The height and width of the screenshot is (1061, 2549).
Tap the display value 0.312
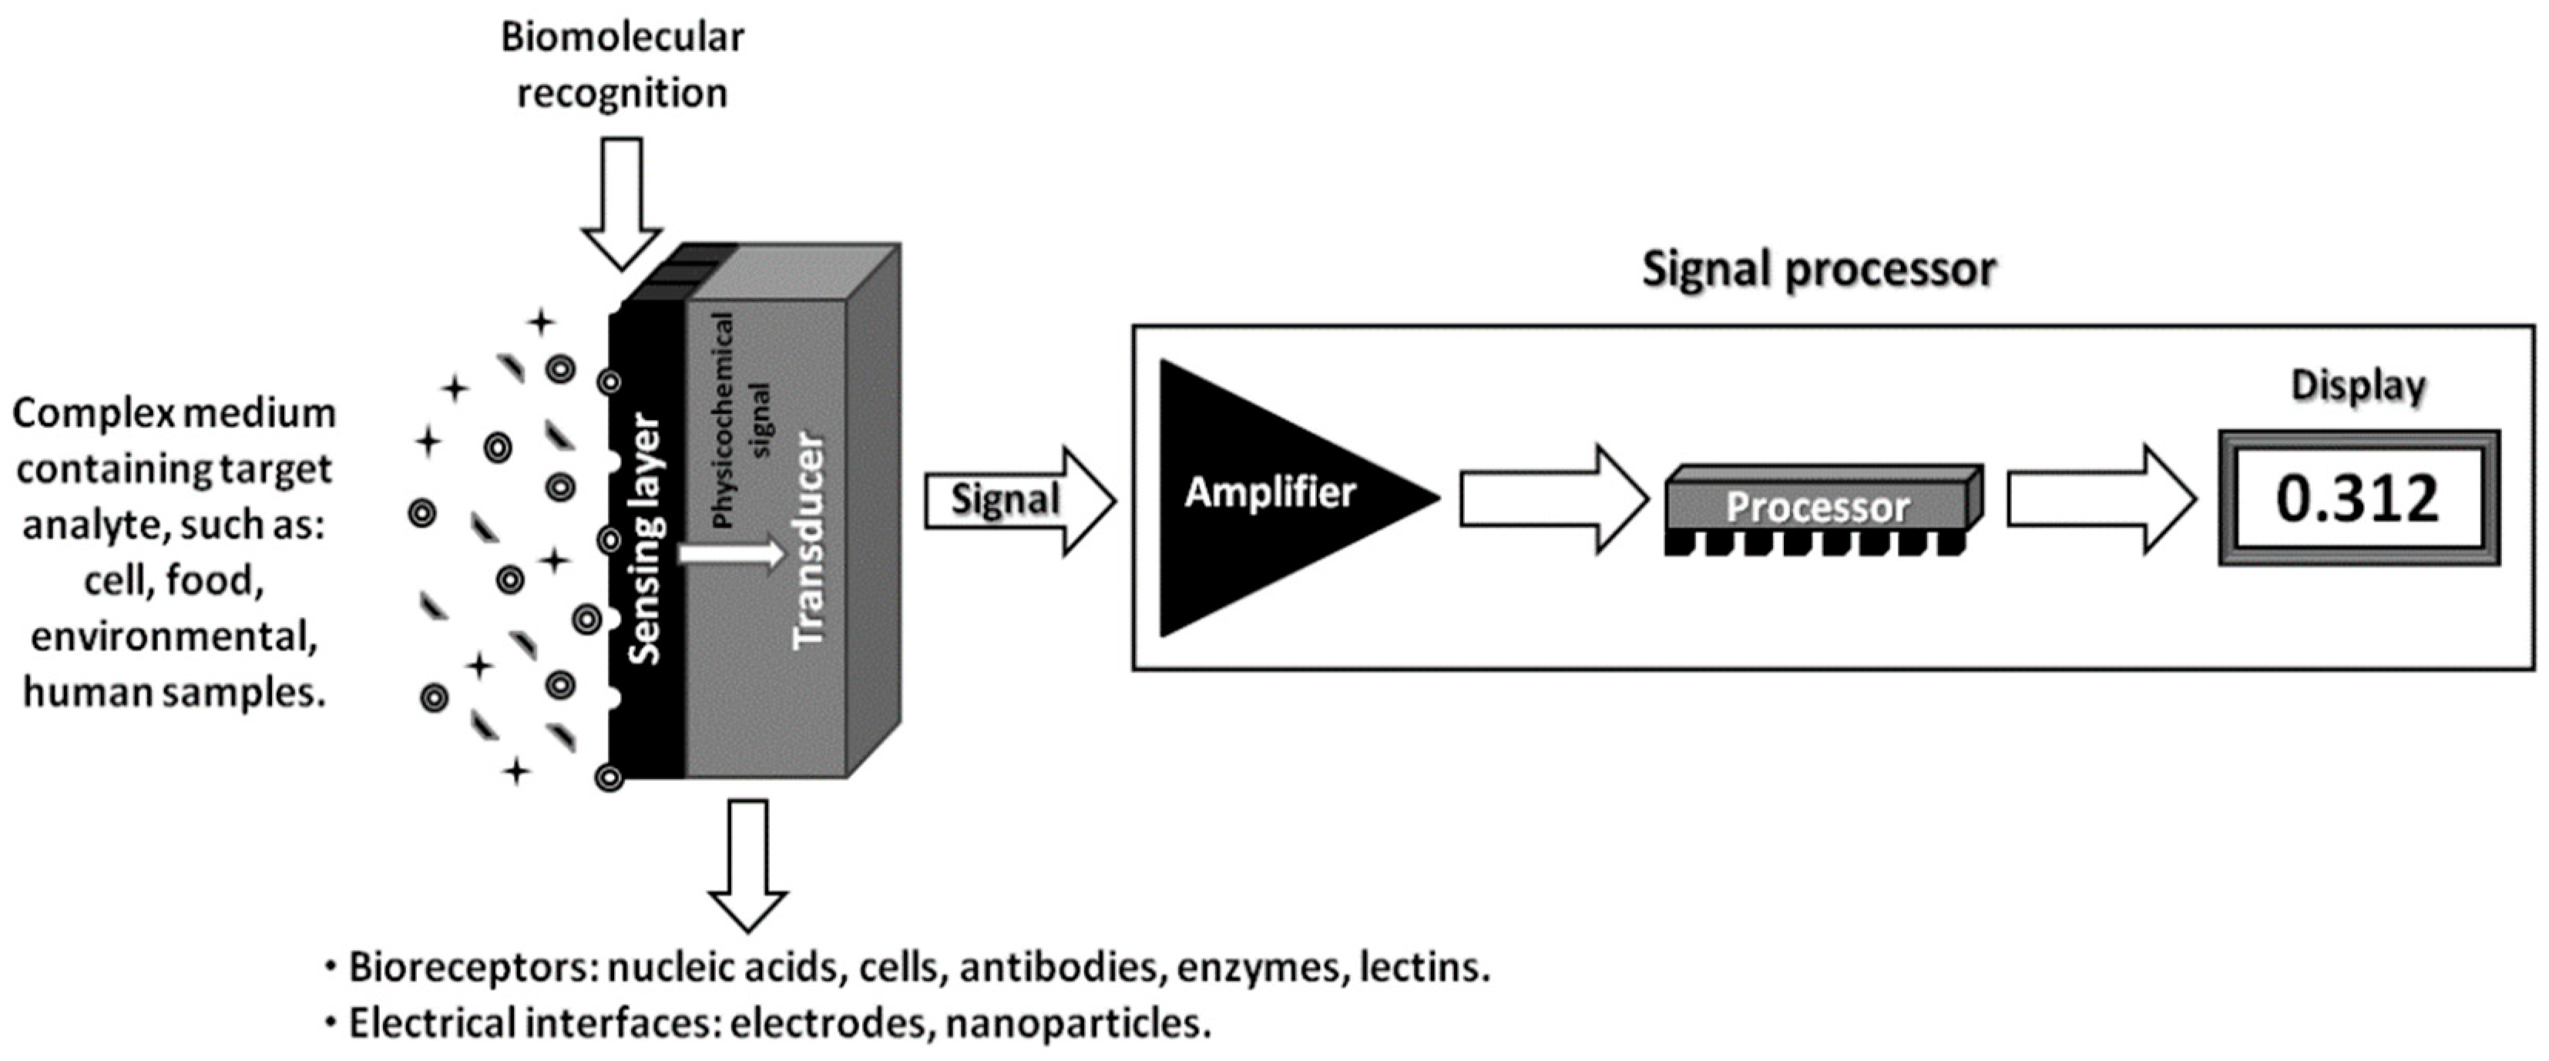(2358, 499)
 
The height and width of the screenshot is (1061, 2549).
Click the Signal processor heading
(1819, 269)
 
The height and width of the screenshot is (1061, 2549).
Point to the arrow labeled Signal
(1019, 500)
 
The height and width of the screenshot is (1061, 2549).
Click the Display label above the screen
(2358, 386)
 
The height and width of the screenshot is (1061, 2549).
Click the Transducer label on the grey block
(809, 539)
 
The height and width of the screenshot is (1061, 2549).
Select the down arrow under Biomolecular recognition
(621, 203)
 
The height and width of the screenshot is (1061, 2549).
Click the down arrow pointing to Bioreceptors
(748, 864)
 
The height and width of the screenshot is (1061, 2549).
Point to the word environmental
(174, 636)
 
